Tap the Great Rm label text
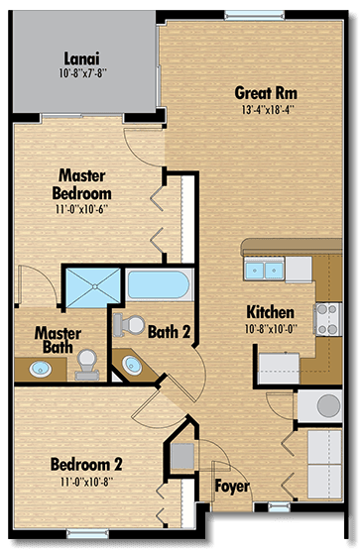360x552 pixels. pos(265,93)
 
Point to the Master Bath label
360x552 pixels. pos(57,340)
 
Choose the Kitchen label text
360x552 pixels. pos(269,310)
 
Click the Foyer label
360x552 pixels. pos(232,487)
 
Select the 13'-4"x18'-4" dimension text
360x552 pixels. pos(266,111)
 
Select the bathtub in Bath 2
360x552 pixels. pos(159,286)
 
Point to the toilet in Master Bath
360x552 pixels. pos(88,364)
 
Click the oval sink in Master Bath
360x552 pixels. pos(41,370)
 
